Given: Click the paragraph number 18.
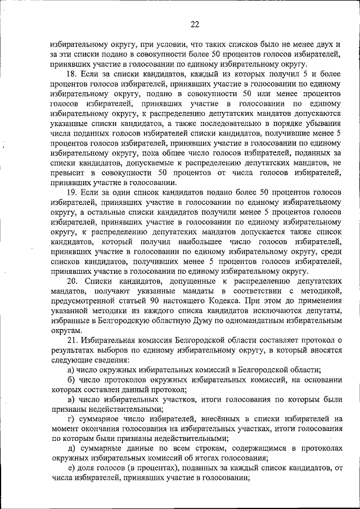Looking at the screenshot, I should [71, 74].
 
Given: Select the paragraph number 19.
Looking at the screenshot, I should [71, 192].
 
